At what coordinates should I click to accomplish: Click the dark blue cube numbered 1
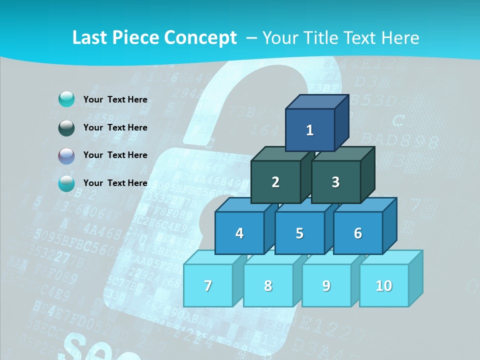click(x=310, y=130)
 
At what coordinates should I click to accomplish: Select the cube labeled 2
click(x=275, y=182)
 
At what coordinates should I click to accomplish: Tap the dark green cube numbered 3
click(x=335, y=182)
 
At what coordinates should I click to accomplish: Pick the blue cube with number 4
click(x=239, y=233)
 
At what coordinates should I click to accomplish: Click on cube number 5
click(x=299, y=233)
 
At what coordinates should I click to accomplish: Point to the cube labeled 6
click(x=358, y=233)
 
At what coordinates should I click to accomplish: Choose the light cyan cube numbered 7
click(x=208, y=285)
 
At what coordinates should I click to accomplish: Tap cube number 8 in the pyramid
click(x=268, y=285)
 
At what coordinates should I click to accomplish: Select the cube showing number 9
click(x=326, y=285)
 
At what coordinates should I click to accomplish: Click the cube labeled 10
click(x=384, y=285)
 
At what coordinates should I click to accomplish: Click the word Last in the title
click(x=90, y=38)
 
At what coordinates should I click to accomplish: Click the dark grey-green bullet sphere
click(x=66, y=128)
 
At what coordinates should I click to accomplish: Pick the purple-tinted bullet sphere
click(x=66, y=156)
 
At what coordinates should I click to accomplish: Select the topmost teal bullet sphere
click(x=66, y=99)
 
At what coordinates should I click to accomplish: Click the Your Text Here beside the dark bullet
click(x=115, y=127)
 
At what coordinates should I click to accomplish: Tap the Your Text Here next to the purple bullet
click(x=115, y=155)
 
